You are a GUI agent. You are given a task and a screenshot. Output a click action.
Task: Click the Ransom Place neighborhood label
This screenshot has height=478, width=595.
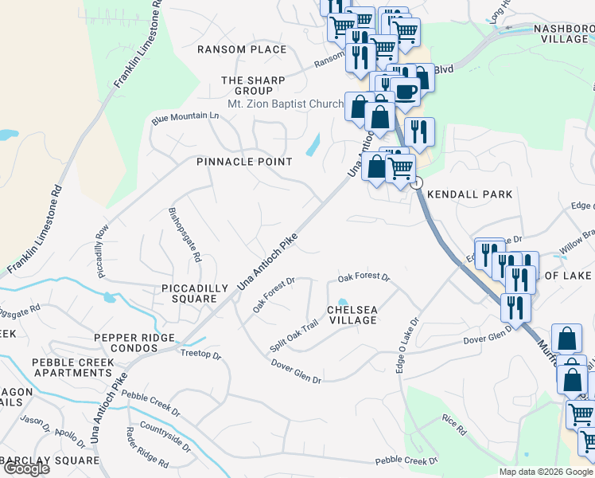[x=242, y=49]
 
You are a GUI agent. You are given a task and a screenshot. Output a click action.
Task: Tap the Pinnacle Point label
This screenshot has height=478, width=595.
[x=245, y=162]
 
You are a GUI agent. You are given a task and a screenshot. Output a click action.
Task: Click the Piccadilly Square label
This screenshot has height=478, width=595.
[x=189, y=293]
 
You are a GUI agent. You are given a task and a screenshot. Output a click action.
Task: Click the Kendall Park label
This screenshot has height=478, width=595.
[x=469, y=194]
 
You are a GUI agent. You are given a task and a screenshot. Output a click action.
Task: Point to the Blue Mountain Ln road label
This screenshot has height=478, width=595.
[x=185, y=117]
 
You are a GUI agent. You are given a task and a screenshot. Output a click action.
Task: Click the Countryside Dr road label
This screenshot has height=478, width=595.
[x=165, y=436]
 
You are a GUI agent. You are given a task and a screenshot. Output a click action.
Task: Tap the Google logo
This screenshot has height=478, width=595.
[x=25, y=468]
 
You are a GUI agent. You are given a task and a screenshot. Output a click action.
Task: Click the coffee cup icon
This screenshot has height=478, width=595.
[x=405, y=91]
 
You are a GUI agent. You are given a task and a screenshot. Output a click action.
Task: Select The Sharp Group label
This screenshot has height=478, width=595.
[x=247, y=85]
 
